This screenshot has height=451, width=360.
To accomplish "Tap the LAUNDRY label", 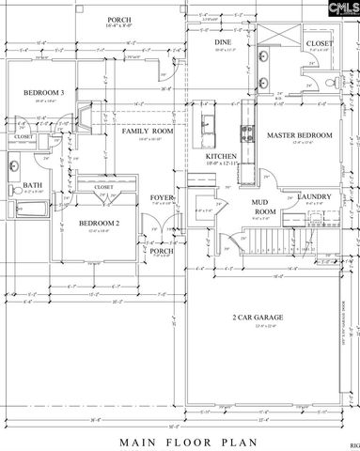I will pyautogui.click(x=312, y=195).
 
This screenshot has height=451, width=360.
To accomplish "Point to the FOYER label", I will pyautogui.click(x=162, y=197).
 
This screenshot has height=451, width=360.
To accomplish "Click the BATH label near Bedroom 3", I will pyautogui.click(x=33, y=185).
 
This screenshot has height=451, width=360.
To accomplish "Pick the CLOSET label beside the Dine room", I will pyautogui.click(x=319, y=43).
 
